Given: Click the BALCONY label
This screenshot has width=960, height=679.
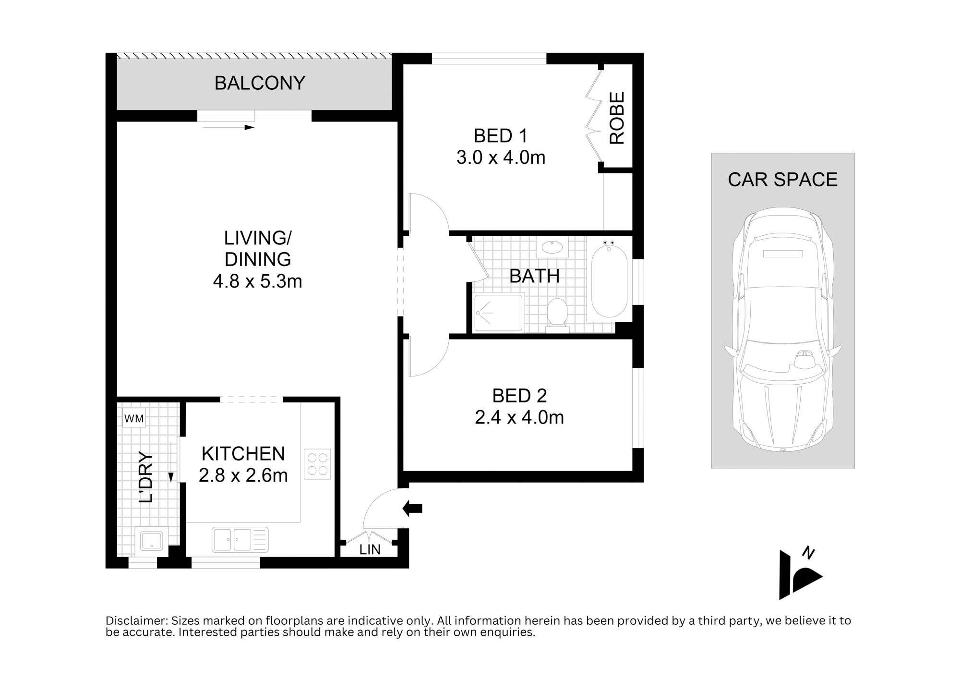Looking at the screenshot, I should [x=260, y=83].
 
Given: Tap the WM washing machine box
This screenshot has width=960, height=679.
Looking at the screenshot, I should [x=134, y=418].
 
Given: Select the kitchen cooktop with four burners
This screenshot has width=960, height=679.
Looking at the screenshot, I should [x=317, y=464].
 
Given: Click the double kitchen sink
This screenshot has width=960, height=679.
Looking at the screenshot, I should [x=240, y=539].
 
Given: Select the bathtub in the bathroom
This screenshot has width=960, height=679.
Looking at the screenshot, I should [x=609, y=281].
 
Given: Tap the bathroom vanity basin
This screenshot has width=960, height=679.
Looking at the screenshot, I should [x=552, y=248].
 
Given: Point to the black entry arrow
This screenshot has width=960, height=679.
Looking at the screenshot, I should [x=412, y=508].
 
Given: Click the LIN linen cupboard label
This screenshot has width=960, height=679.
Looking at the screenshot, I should [x=370, y=549].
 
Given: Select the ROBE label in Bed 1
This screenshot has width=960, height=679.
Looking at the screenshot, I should [x=617, y=118].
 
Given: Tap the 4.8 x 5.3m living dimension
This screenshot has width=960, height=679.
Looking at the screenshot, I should [x=257, y=281].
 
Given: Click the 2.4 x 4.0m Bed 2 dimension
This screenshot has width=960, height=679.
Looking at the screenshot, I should [x=519, y=417].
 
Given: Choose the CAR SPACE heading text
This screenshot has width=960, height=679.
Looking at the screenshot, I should [x=782, y=180].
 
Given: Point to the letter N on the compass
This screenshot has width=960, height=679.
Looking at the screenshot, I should [x=808, y=553].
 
